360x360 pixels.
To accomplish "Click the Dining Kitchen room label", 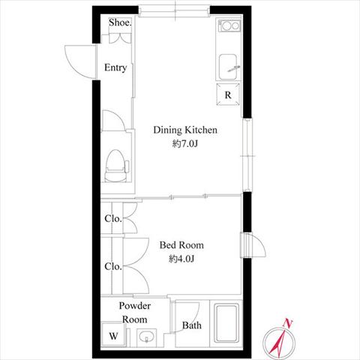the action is [185, 130].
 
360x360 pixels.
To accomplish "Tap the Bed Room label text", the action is [181, 245].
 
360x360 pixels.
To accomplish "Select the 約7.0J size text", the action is [185, 144].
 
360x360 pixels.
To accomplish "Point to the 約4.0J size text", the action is [181, 259].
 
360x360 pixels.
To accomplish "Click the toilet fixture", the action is [116, 166].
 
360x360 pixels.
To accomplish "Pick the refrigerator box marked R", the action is [228, 94].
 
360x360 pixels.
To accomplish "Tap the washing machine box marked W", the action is [113, 335].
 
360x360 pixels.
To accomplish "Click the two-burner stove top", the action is [229, 25].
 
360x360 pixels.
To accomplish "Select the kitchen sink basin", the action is [228, 67].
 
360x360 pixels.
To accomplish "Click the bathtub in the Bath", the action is [226, 323].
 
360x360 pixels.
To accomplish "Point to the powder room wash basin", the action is [146, 337].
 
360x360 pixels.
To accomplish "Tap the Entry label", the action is [115, 67].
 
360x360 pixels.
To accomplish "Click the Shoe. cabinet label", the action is [120, 22].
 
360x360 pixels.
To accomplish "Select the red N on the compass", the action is [288, 323].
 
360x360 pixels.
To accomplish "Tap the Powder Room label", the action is [135, 313].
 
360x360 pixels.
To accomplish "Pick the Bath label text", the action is [192, 325].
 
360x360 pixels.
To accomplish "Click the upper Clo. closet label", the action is [113, 218].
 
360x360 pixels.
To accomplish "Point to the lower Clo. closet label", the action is [113, 266].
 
